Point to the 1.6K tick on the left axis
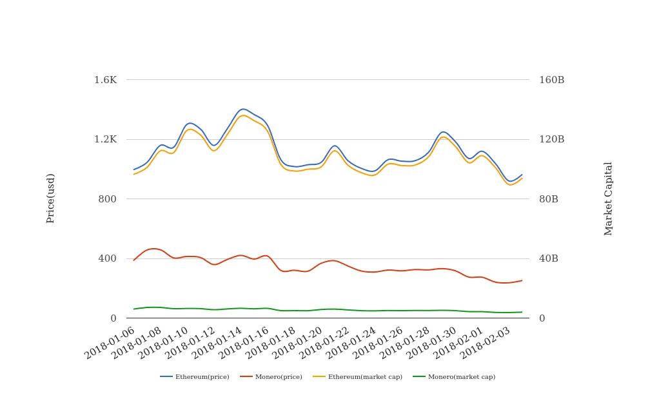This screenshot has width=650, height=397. pyautogui.click(x=105, y=80)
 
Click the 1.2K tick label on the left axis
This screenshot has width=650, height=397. pyautogui.click(x=105, y=139)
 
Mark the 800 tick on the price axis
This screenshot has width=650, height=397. pyautogui.click(x=107, y=199)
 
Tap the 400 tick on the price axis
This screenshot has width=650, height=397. pyautogui.click(x=107, y=258)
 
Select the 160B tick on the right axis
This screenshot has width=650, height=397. pyautogui.click(x=551, y=80)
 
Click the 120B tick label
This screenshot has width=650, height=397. pyautogui.click(x=551, y=139)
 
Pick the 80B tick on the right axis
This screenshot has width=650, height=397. pyautogui.click(x=549, y=199)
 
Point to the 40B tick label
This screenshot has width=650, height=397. pyautogui.click(x=549, y=258)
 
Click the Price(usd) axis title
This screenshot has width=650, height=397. pyautogui.click(x=50, y=198)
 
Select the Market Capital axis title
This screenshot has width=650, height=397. pyautogui.click(x=608, y=198)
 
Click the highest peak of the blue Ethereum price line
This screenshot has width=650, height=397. pyautogui.click(x=243, y=109)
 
